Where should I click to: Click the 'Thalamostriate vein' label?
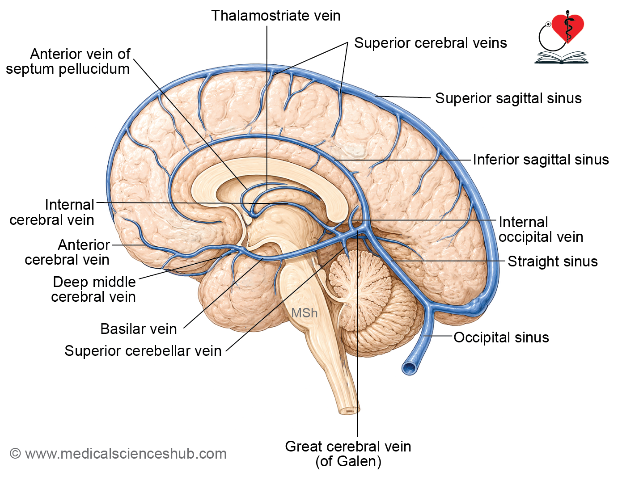coord(275,16)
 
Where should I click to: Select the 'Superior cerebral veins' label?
coord(431,43)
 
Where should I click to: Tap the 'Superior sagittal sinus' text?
coord(508,98)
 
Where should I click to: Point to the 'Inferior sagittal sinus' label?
coord(541,160)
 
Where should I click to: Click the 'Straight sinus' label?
coord(552,261)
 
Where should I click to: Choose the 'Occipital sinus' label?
coord(501,337)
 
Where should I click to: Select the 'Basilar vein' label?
coord(139,329)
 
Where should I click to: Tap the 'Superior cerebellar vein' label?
coord(143,351)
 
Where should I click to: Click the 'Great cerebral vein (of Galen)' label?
coord(348,454)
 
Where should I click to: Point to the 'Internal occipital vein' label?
coord(541,229)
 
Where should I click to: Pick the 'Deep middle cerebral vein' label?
coord(93,289)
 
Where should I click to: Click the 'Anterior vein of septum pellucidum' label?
coord(68,62)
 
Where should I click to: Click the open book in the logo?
coord(561,58)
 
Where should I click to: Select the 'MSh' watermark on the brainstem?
coord(304,313)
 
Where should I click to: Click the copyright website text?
coord(118,454)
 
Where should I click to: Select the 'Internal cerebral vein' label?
coord(52,212)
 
